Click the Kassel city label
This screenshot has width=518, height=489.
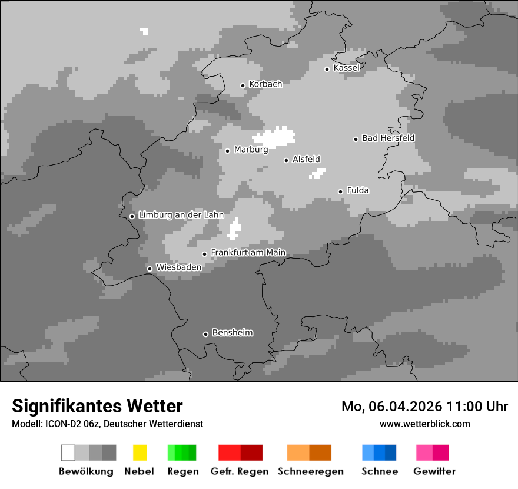(346, 68)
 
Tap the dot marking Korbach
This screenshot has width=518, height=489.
(243, 85)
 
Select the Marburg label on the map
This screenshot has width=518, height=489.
(251, 150)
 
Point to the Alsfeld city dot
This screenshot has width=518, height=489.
(287, 160)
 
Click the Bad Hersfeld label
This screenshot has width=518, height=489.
(388, 138)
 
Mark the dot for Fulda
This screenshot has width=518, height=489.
(340, 191)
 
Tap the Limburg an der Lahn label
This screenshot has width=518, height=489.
(181, 215)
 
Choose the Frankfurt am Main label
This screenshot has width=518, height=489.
(248, 253)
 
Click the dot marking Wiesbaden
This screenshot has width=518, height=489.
(150, 269)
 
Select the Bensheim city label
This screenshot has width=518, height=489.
(232, 333)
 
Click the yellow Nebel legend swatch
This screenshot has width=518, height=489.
(140, 452)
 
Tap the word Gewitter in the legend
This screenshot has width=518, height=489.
(434, 471)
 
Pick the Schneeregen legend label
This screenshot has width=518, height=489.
(311, 471)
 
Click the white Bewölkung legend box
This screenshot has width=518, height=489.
(68, 452)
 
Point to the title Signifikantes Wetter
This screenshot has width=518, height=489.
(97, 407)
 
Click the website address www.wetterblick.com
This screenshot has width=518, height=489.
(424, 424)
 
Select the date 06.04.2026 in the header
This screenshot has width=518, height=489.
(405, 407)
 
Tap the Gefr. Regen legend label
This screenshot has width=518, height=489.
(240, 471)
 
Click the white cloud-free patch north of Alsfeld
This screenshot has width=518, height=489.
(278, 136)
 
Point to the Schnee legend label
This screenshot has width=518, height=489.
(380, 471)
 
